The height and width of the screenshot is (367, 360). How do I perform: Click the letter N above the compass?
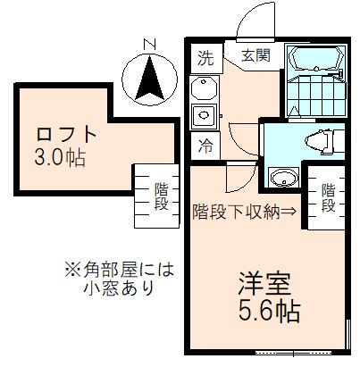(149, 43)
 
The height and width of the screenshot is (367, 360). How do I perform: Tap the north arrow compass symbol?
(149, 78)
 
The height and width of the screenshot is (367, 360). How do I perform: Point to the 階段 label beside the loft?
(162, 196)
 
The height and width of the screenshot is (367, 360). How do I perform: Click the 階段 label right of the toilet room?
(328, 197)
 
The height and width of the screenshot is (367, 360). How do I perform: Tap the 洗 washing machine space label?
(206, 60)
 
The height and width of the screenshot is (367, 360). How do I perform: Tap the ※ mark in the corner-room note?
(71, 269)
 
